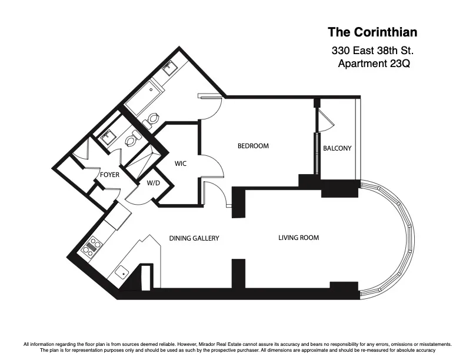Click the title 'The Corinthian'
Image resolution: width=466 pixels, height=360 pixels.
click(x=368, y=32)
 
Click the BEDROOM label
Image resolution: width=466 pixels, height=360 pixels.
click(x=253, y=146)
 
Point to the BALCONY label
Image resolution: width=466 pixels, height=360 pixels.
click(x=337, y=148)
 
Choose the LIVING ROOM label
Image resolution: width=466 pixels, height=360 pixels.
click(x=298, y=238)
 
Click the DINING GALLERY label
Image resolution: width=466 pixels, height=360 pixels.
click(x=194, y=238)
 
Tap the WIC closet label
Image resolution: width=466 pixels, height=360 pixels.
click(x=181, y=164)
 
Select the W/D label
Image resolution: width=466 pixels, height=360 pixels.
click(x=153, y=183)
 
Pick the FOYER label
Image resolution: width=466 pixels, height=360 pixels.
click(x=109, y=175)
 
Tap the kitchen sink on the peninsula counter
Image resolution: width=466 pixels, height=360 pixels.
click(x=122, y=272)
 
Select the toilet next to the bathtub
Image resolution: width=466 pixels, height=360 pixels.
click(x=152, y=119)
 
